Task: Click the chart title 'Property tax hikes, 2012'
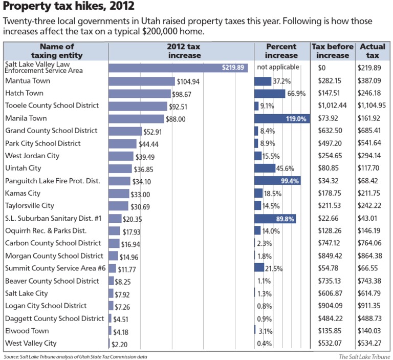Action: click(69, 7)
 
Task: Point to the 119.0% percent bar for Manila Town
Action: click(282, 118)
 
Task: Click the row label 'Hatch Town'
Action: click(24, 93)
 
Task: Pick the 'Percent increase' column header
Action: click(281, 51)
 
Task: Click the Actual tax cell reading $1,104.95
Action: click(372, 106)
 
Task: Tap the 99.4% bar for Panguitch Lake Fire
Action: click(277, 181)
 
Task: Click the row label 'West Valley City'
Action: click(31, 343)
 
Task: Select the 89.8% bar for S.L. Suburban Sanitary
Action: click(275, 218)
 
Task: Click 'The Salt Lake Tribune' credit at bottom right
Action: click(364, 356)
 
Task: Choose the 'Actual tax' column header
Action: click(373, 51)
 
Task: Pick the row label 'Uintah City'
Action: click(23, 168)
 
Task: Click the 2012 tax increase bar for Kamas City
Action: click(119, 194)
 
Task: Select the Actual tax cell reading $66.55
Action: click(368, 268)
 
